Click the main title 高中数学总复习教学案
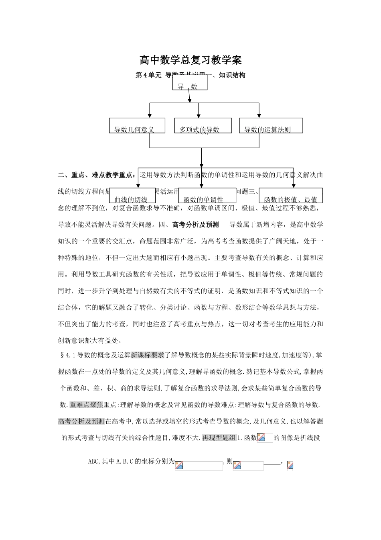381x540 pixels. pos(190,60)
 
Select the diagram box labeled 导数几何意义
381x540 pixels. pos(137,126)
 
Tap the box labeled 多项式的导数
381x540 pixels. pos(203,126)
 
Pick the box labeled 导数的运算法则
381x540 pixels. pos(271,126)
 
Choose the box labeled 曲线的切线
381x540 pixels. pos(132,196)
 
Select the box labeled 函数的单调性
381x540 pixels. pos(207,196)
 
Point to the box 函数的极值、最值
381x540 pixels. pos(291,196)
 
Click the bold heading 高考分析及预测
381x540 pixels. pos(195,225)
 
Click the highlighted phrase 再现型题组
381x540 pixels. pos(219,438)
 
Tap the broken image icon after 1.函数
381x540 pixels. pos(261,438)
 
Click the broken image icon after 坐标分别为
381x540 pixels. pos(179,466)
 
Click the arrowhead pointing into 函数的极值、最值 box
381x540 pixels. pos(294,185)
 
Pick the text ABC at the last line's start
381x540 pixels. pos(93,462)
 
